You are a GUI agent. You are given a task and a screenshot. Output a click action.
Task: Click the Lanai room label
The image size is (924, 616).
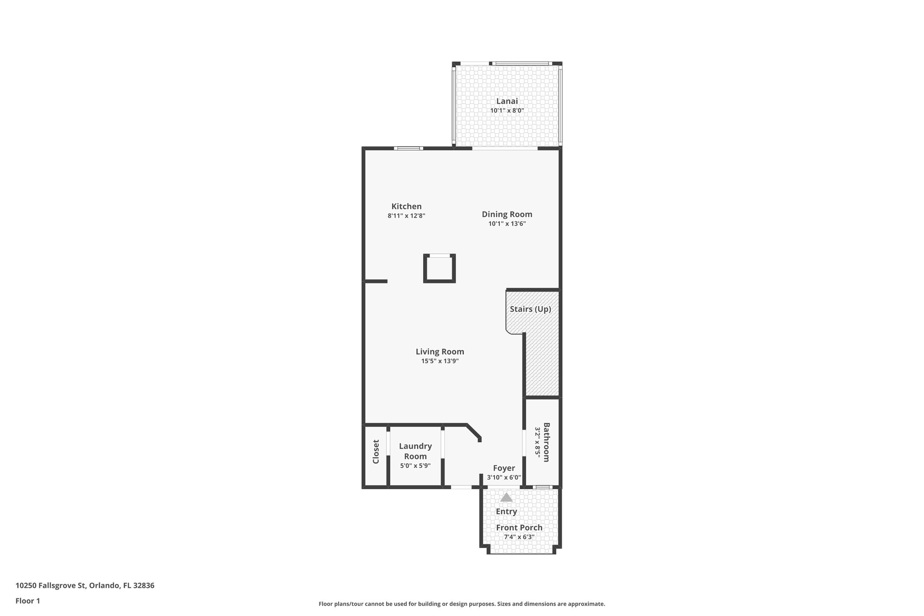coord(507,101)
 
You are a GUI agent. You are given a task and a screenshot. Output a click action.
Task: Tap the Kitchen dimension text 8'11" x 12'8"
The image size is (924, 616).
coord(407,216)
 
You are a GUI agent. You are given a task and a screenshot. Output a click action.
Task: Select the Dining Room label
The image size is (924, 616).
coord(507,214)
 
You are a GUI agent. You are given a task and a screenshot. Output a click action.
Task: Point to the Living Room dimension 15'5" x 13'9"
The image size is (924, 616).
coord(440,361)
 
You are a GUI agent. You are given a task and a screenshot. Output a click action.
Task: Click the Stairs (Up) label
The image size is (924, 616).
coord(530,309)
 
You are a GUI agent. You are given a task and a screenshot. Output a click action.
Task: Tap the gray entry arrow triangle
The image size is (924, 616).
coord(507,497)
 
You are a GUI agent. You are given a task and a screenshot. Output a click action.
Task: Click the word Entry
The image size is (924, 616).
coord(506,511)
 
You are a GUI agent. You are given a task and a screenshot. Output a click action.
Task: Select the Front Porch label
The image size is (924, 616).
coord(519,528)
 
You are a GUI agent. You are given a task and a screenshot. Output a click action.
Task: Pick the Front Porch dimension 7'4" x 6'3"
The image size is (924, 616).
coord(519,537)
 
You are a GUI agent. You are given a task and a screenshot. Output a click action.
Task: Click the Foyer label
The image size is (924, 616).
coord(504,468)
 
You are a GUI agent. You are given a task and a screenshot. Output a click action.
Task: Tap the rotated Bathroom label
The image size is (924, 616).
coord(546,442)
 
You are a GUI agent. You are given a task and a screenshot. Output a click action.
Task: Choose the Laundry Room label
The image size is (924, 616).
coord(415,451)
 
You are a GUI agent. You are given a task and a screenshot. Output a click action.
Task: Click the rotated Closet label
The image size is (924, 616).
coord(376,452)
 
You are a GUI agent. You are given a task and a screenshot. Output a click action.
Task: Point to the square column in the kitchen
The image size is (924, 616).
coord(439,269)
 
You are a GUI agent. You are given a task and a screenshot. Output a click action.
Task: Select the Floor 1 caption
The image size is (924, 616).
coord(28,601)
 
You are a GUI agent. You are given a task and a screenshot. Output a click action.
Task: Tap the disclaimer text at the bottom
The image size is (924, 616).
coord(462,604)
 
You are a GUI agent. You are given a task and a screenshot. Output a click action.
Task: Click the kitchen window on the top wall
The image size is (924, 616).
coord(408,148)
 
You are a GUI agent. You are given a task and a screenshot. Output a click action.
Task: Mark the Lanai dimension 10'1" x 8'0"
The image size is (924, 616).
coord(507,111)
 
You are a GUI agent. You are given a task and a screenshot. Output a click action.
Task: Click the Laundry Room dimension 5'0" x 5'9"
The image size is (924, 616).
coord(415,466)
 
